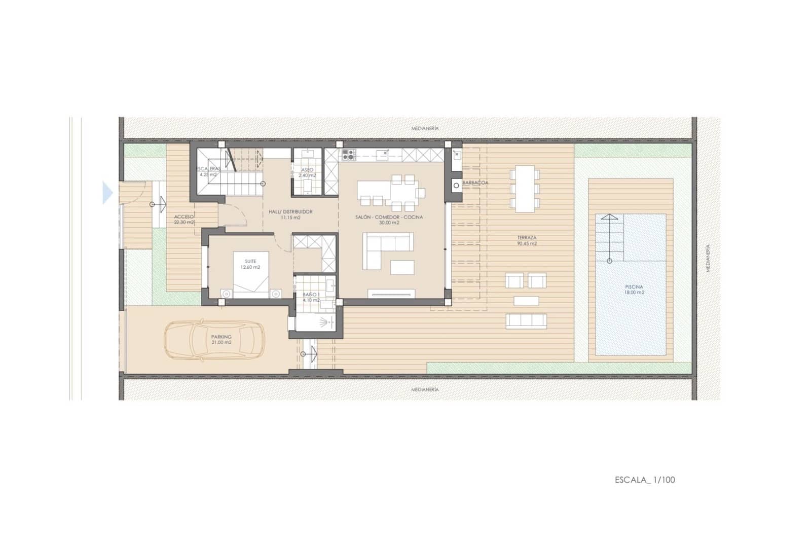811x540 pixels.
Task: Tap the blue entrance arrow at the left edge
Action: click(107, 193)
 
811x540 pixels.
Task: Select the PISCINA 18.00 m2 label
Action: click(634, 290)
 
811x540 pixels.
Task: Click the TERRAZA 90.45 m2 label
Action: click(527, 240)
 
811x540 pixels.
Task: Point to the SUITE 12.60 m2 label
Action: click(250, 264)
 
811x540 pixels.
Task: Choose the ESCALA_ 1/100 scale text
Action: click(645, 480)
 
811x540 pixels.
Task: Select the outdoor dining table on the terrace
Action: click(525, 188)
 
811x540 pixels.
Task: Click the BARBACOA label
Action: click(475, 183)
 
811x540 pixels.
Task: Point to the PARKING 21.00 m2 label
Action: click(222, 339)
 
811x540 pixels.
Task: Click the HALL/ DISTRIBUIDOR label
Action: click(290, 214)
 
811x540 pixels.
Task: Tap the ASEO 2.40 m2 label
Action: click(307, 172)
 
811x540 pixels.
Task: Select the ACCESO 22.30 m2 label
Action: click(184, 219)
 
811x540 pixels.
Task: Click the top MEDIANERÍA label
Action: click(425, 129)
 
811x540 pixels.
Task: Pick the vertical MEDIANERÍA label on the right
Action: click(708, 258)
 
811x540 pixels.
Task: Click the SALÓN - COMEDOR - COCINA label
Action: click(389, 220)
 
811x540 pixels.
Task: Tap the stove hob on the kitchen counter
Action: click(348, 154)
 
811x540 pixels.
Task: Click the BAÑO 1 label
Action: click(311, 297)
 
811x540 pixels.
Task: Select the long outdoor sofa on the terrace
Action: click(526, 321)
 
